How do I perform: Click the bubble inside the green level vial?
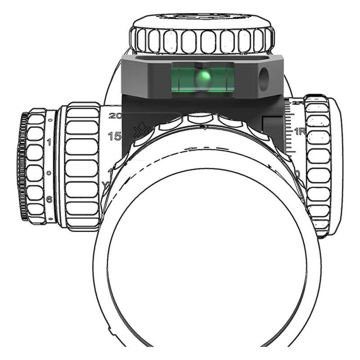202,79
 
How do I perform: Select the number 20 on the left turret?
115,116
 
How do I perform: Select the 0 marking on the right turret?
297,174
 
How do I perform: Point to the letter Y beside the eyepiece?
105,184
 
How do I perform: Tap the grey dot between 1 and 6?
49,173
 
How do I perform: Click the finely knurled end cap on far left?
22,166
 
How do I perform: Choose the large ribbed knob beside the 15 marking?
81,164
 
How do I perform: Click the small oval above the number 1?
49,121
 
